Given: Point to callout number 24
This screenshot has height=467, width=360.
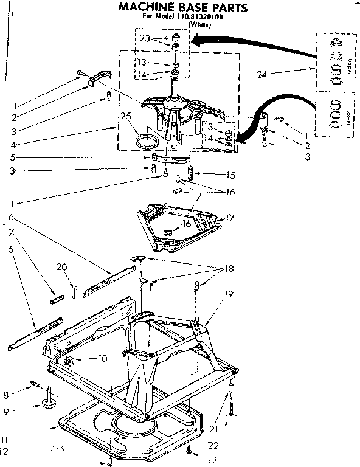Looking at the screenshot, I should [262, 75].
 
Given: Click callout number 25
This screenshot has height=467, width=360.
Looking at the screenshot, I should [126, 116].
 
